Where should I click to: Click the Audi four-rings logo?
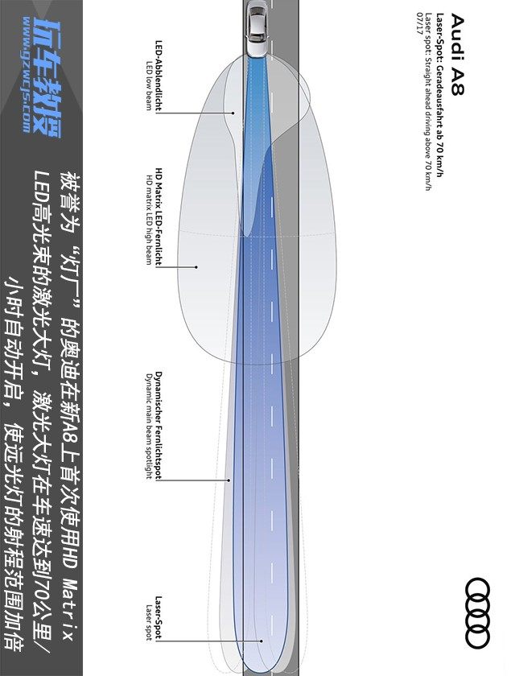[x=478, y=612]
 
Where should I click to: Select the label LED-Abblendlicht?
[x=158, y=76]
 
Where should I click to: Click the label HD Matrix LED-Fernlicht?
[x=159, y=217]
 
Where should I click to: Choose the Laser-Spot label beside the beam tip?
[x=159, y=618]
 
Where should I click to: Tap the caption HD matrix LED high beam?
[x=149, y=217]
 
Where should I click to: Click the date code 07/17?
[x=419, y=23]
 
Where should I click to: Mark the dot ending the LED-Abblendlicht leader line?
[x=233, y=113]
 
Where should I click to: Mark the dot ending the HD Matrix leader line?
[x=196, y=266]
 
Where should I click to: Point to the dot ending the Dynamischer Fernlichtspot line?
[x=229, y=480]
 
